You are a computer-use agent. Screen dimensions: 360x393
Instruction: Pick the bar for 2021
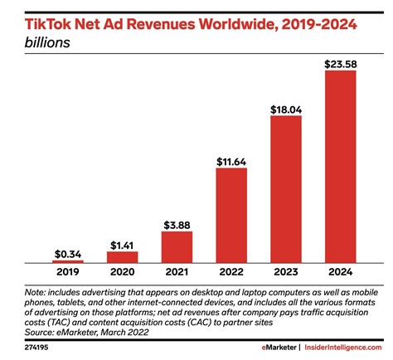[x=177, y=246]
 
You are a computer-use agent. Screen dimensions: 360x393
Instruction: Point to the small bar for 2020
[x=122, y=256]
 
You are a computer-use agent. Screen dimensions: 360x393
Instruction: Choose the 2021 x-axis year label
[x=177, y=271]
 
